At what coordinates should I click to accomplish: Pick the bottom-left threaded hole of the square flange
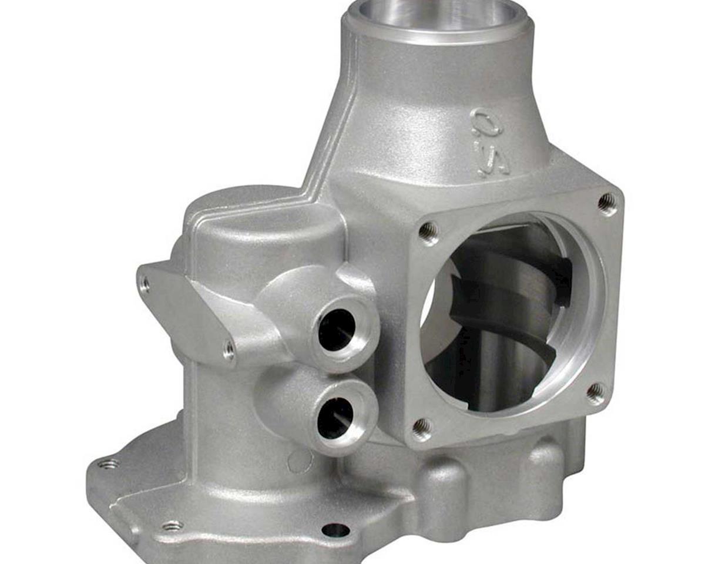pos(422,427)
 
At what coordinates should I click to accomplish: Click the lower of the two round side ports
pos(337,417)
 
